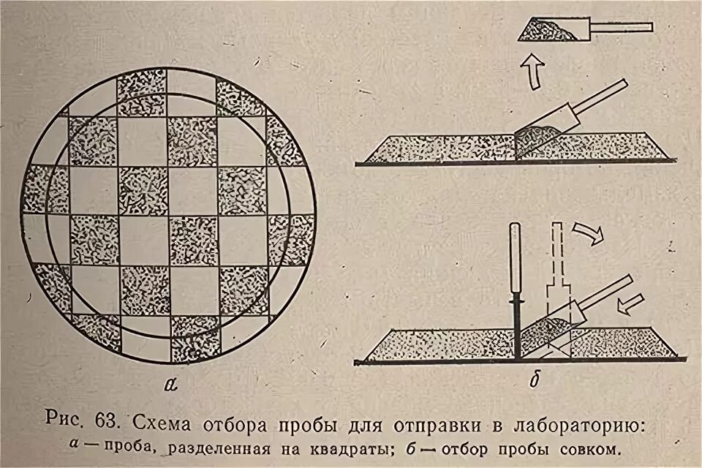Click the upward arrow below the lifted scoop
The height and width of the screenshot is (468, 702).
click(x=533, y=73)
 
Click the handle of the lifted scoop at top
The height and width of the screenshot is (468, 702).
click(x=622, y=28)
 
